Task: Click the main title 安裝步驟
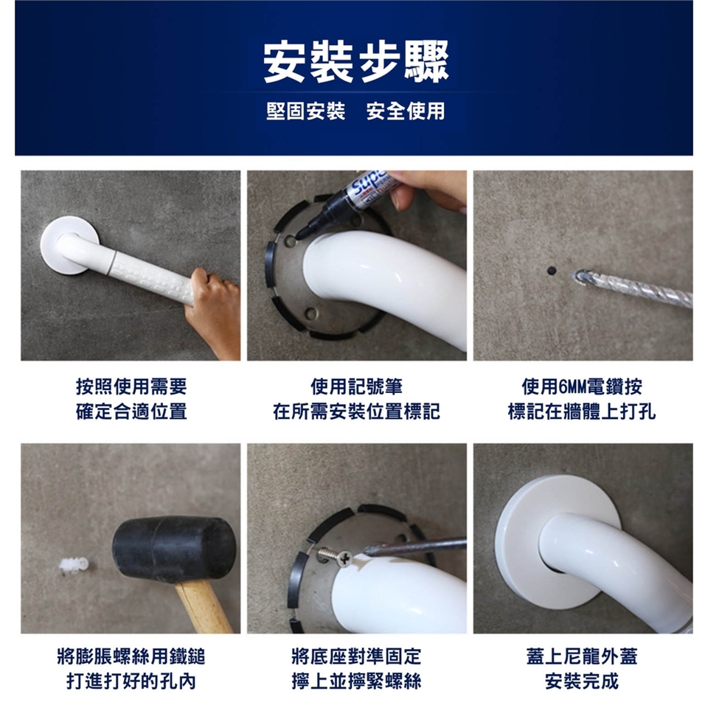[355, 62]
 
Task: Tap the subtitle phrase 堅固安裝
[305, 111]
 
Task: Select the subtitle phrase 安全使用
[406, 111]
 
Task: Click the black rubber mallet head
[174, 548]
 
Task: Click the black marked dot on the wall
[552, 271]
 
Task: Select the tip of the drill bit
[575, 275]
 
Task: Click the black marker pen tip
[299, 235]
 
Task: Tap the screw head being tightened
[344, 559]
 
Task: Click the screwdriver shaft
[415, 546]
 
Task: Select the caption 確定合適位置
[131, 412]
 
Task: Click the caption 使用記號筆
[356, 386]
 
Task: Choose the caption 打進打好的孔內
[131, 681]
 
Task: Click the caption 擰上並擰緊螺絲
[356, 681]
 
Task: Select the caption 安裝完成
[582, 681]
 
